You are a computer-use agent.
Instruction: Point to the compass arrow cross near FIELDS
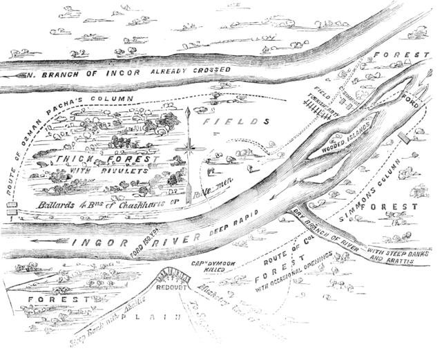click(187, 146)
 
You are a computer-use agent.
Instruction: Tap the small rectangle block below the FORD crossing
click(421, 133)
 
